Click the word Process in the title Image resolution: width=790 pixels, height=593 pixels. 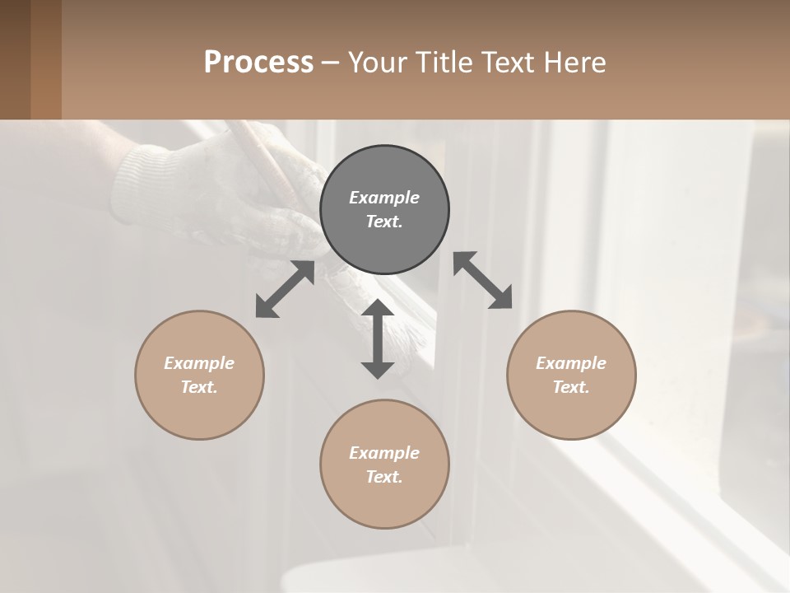pos(258,62)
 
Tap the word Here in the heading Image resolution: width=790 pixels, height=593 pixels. pos(574,62)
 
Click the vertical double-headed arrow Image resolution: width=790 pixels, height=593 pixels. pos(378,339)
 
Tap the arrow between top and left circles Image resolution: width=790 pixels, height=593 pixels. pos(285,289)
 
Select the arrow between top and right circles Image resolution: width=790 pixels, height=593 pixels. pos(482,280)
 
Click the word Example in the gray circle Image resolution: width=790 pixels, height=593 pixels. pos(384,198)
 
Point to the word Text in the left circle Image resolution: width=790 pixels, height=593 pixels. pos(199,387)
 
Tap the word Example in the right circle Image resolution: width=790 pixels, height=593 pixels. pos(571,363)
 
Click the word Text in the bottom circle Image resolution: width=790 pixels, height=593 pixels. pos(384,477)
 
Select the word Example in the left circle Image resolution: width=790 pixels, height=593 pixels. pos(199,363)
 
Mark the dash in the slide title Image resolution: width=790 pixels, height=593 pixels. pos(331,63)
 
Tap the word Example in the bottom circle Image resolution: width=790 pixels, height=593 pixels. pos(384,453)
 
